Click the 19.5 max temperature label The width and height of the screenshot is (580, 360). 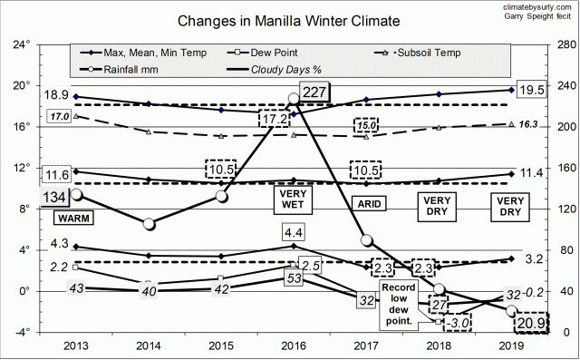coord(532,89)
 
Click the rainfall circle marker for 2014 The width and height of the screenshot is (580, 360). coord(149,223)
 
